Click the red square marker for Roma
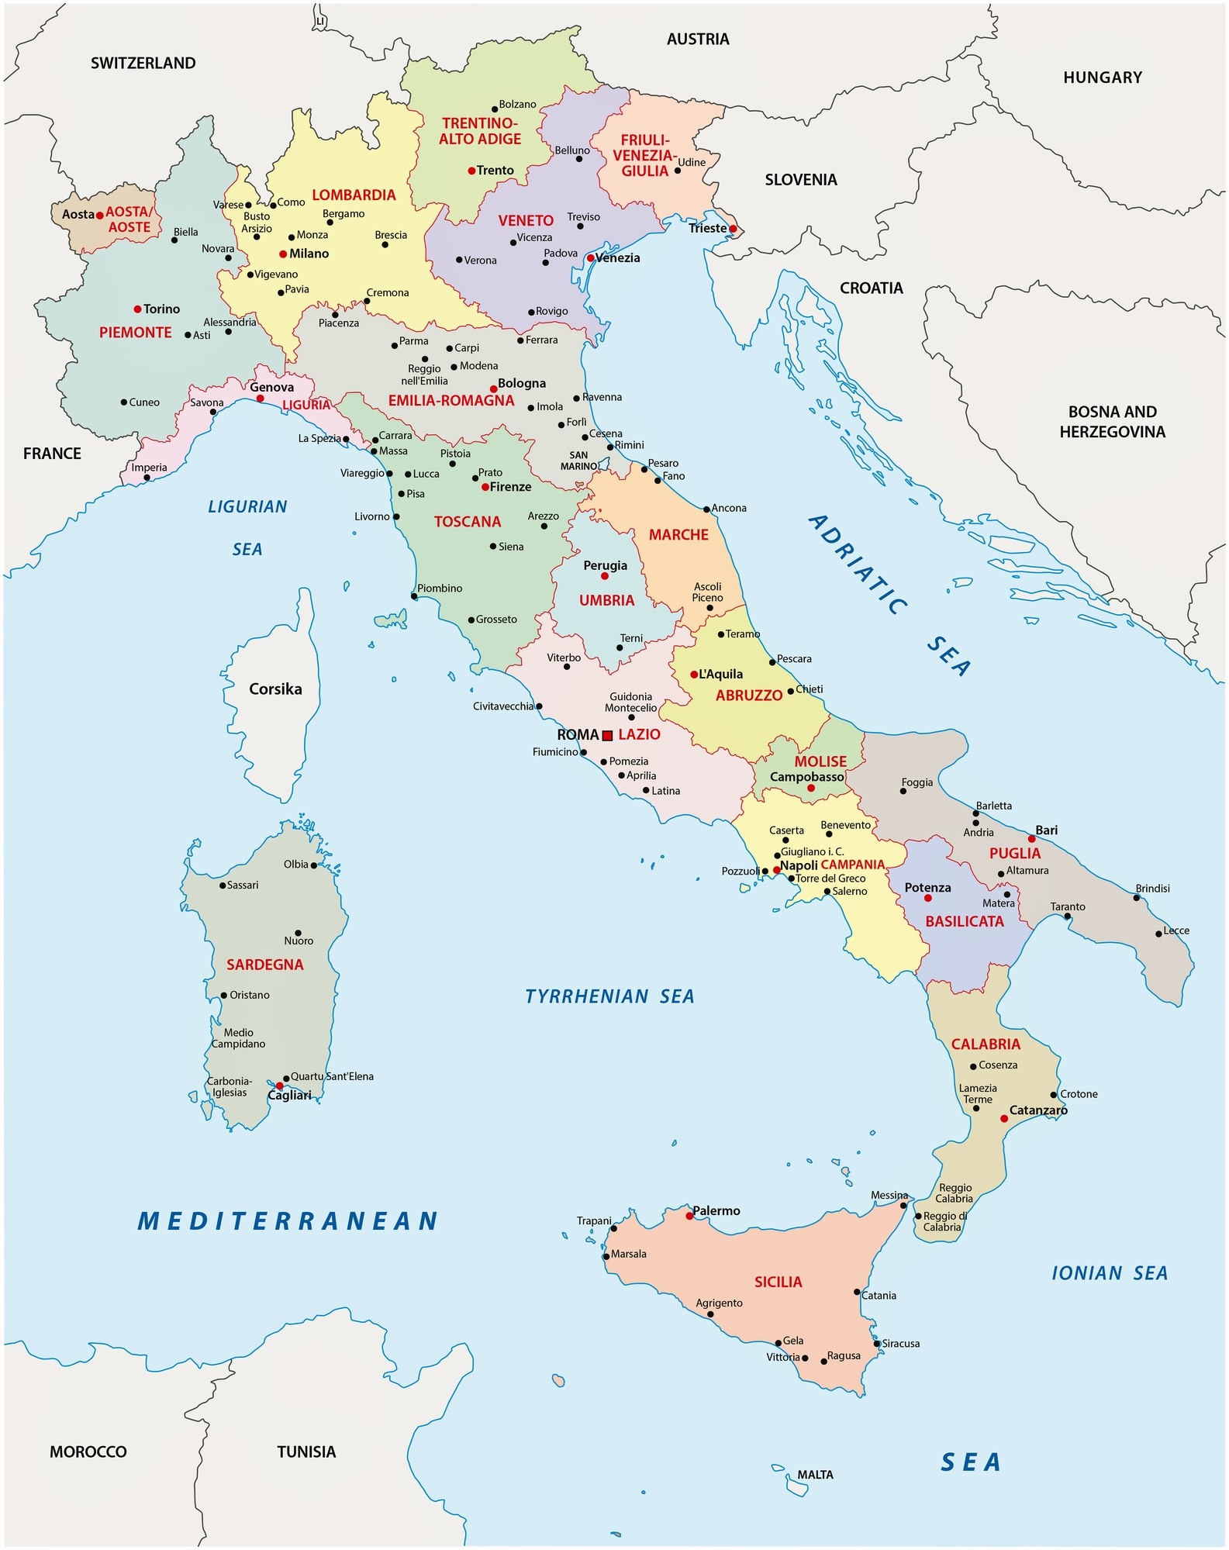click(607, 735)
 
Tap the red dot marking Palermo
click(689, 1216)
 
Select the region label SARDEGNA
click(265, 965)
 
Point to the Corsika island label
click(275, 689)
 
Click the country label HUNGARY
click(1102, 78)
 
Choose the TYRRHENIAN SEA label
click(609, 996)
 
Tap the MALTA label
click(815, 1475)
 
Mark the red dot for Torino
click(138, 309)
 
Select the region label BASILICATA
click(964, 921)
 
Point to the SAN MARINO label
click(578, 461)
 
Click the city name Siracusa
click(901, 1343)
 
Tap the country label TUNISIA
click(306, 1452)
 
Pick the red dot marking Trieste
click(733, 229)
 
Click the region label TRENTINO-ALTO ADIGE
click(479, 131)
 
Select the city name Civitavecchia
click(503, 706)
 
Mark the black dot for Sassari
click(223, 885)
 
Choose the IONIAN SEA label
click(1109, 1273)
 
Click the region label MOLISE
click(820, 761)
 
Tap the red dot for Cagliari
click(279, 1086)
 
